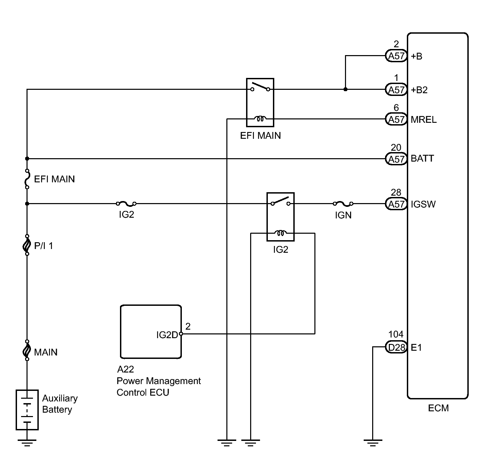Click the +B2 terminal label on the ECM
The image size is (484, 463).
pyautogui.click(x=419, y=90)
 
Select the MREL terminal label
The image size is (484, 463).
pyautogui.click(x=423, y=120)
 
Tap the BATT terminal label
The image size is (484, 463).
pyautogui.click(x=422, y=159)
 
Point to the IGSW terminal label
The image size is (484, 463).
pyautogui.click(x=423, y=204)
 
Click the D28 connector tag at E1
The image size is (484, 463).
pyautogui.click(x=396, y=347)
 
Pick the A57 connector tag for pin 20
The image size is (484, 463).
pyautogui.click(x=396, y=159)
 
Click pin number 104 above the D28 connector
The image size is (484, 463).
pyautogui.click(x=396, y=334)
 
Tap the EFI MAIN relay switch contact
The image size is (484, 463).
pyautogui.click(x=260, y=87)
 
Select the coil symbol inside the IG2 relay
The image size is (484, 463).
pyautogui.click(x=281, y=233)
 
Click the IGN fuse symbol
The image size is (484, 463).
pyautogui.click(x=343, y=204)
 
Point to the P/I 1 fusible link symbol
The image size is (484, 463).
pyautogui.click(x=27, y=245)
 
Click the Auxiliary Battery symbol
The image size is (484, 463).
pyautogui.click(x=27, y=410)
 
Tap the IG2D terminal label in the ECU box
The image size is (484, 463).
pyautogui.click(x=167, y=335)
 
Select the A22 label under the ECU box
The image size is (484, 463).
pyautogui.click(x=125, y=369)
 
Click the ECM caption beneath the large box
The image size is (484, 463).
pyautogui.click(x=438, y=408)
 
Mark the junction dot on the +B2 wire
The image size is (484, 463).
pyautogui.click(x=345, y=89)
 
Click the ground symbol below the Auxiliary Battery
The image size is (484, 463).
pyautogui.click(x=27, y=442)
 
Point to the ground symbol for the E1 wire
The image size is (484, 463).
pyautogui.click(x=373, y=442)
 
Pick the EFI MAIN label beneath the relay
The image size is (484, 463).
pyautogui.click(x=260, y=136)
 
